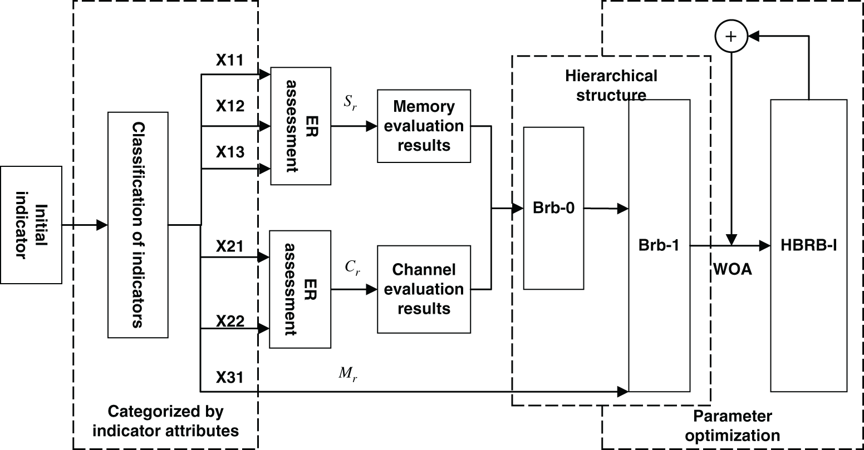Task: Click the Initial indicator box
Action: tap(31, 225)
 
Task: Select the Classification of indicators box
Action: tap(138, 225)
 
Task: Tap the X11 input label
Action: tap(230, 60)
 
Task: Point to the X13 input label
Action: tap(230, 152)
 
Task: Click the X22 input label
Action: tap(230, 321)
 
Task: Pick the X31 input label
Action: tap(230, 378)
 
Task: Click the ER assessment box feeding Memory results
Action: tap(300, 126)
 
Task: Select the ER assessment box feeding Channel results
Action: tap(300, 289)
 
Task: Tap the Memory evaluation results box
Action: tap(424, 126)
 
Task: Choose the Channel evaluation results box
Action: tap(424, 289)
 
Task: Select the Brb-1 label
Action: tap(659, 245)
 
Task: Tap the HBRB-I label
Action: tap(808, 245)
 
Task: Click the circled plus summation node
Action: tap(730, 36)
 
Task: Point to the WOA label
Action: tap(732, 269)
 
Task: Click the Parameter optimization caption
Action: tap(732, 426)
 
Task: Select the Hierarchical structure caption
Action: tap(611, 85)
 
